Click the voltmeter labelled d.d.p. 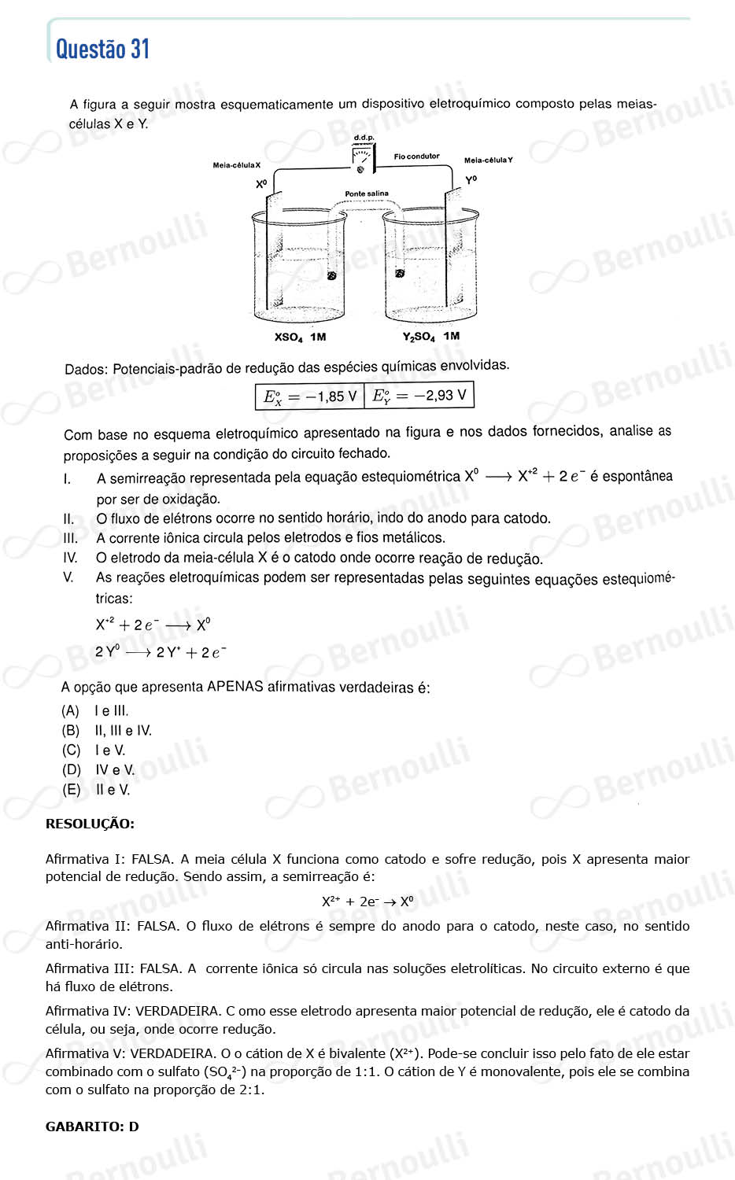tap(363, 160)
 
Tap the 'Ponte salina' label tap(367, 194)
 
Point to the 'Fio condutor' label tap(416, 157)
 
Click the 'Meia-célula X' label tap(236, 165)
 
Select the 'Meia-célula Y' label tap(488, 160)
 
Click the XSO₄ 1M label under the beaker tap(300, 337)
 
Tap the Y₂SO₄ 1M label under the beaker tap(430, 337)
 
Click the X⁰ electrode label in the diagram tap(261, 184)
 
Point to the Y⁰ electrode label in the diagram tap(471, 180)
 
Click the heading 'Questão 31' tap(102, 50)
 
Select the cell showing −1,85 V tap(310, 396)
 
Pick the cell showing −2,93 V tap(419, 396)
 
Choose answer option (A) tap(94, 711)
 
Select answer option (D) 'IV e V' tap(98, 770)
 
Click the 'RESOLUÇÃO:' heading tap(90, 824)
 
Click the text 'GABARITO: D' tap(92, 1127)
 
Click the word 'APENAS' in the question tap(235, 687)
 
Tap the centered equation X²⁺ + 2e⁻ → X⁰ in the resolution tap(367, 902)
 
